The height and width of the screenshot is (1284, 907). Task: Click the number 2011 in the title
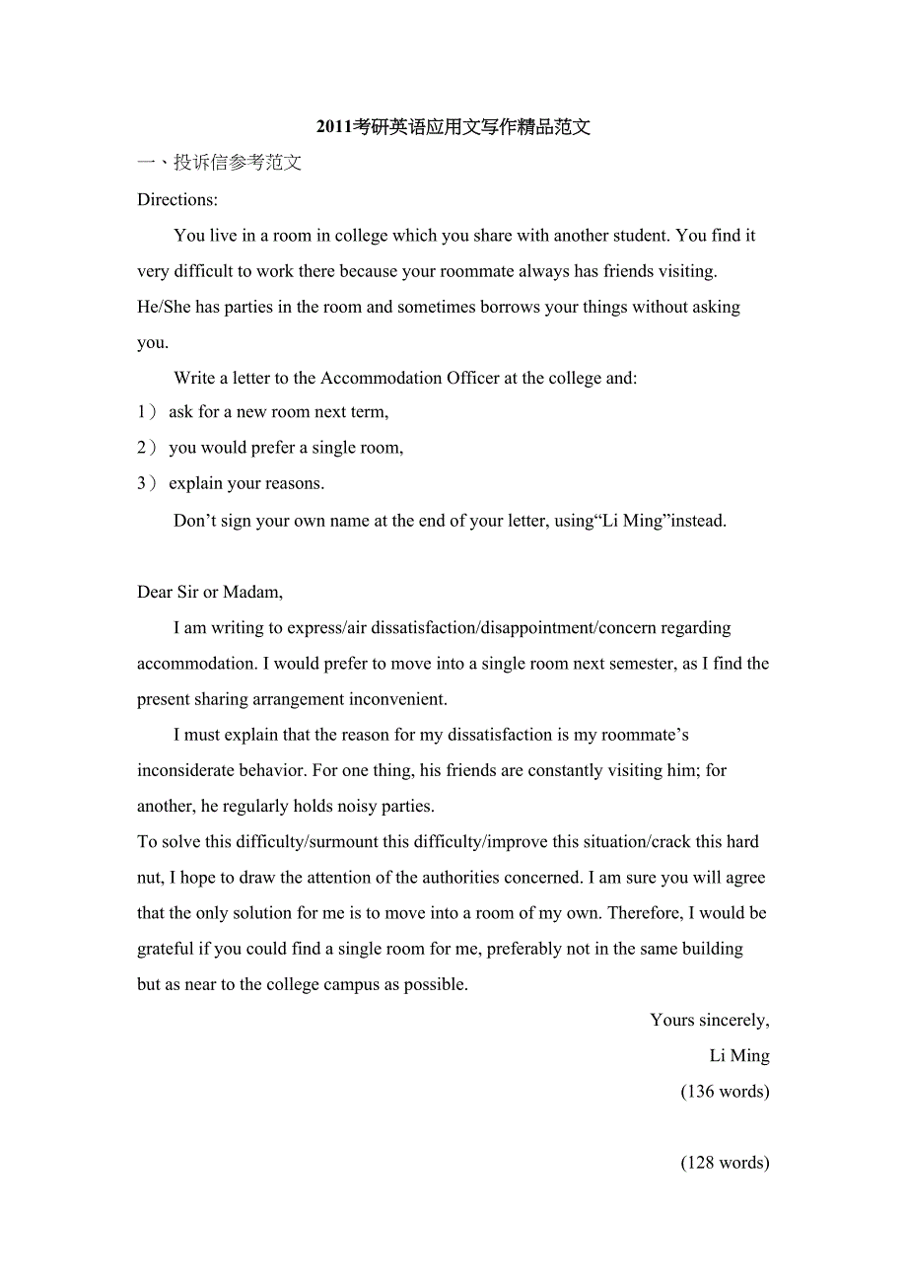(334, 127)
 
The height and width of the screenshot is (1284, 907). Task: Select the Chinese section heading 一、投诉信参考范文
(219, 164)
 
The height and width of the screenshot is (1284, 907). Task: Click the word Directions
(176, 200)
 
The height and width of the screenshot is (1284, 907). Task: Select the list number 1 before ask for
(142, 412)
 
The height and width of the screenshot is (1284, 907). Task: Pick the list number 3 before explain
(142, 483)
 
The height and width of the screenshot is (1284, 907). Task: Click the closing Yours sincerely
(709, 1021)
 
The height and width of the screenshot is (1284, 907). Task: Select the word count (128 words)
(725, 1163)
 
